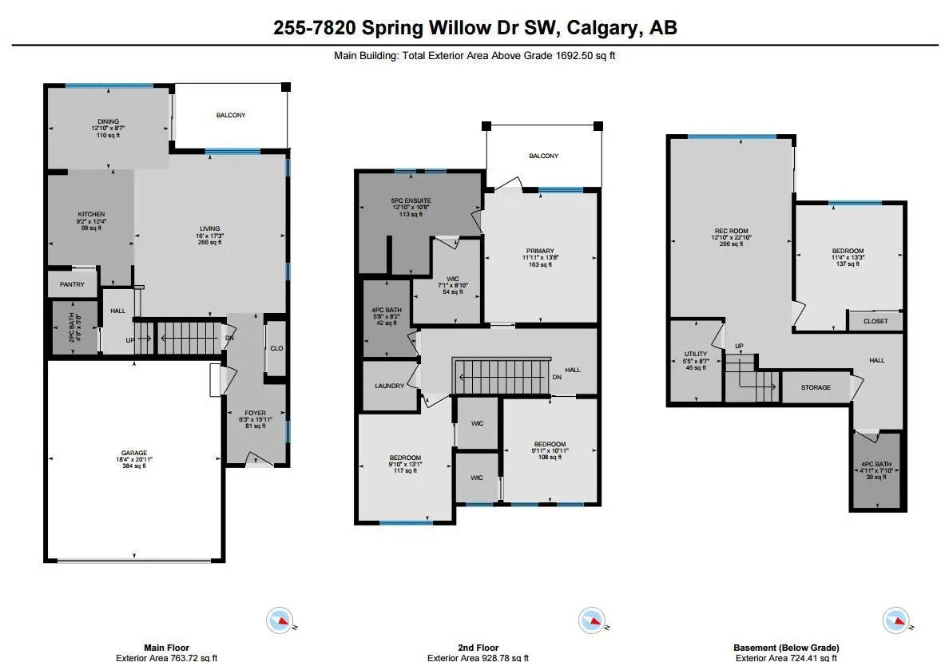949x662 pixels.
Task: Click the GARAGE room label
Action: pyautogui.click(x=133, y=453)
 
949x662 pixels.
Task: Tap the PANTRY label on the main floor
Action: pyautogui.click(x=71, y=284)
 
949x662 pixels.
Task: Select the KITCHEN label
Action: pyautogui.click(x=91, y=214)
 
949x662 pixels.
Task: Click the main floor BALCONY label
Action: pyautogui.click(x=231, y=115)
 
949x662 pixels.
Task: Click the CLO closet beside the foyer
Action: pyautogui.click(x=276, y=348)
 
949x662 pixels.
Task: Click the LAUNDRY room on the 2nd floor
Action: pyautogui.click(x=390, y=386)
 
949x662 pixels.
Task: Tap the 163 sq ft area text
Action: pyautogui.click(x=540, y=265)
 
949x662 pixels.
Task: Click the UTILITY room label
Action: pyautogui.click(x=695, y=354)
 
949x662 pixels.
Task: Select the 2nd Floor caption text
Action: pyautogui.click(x=475, y=648)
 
